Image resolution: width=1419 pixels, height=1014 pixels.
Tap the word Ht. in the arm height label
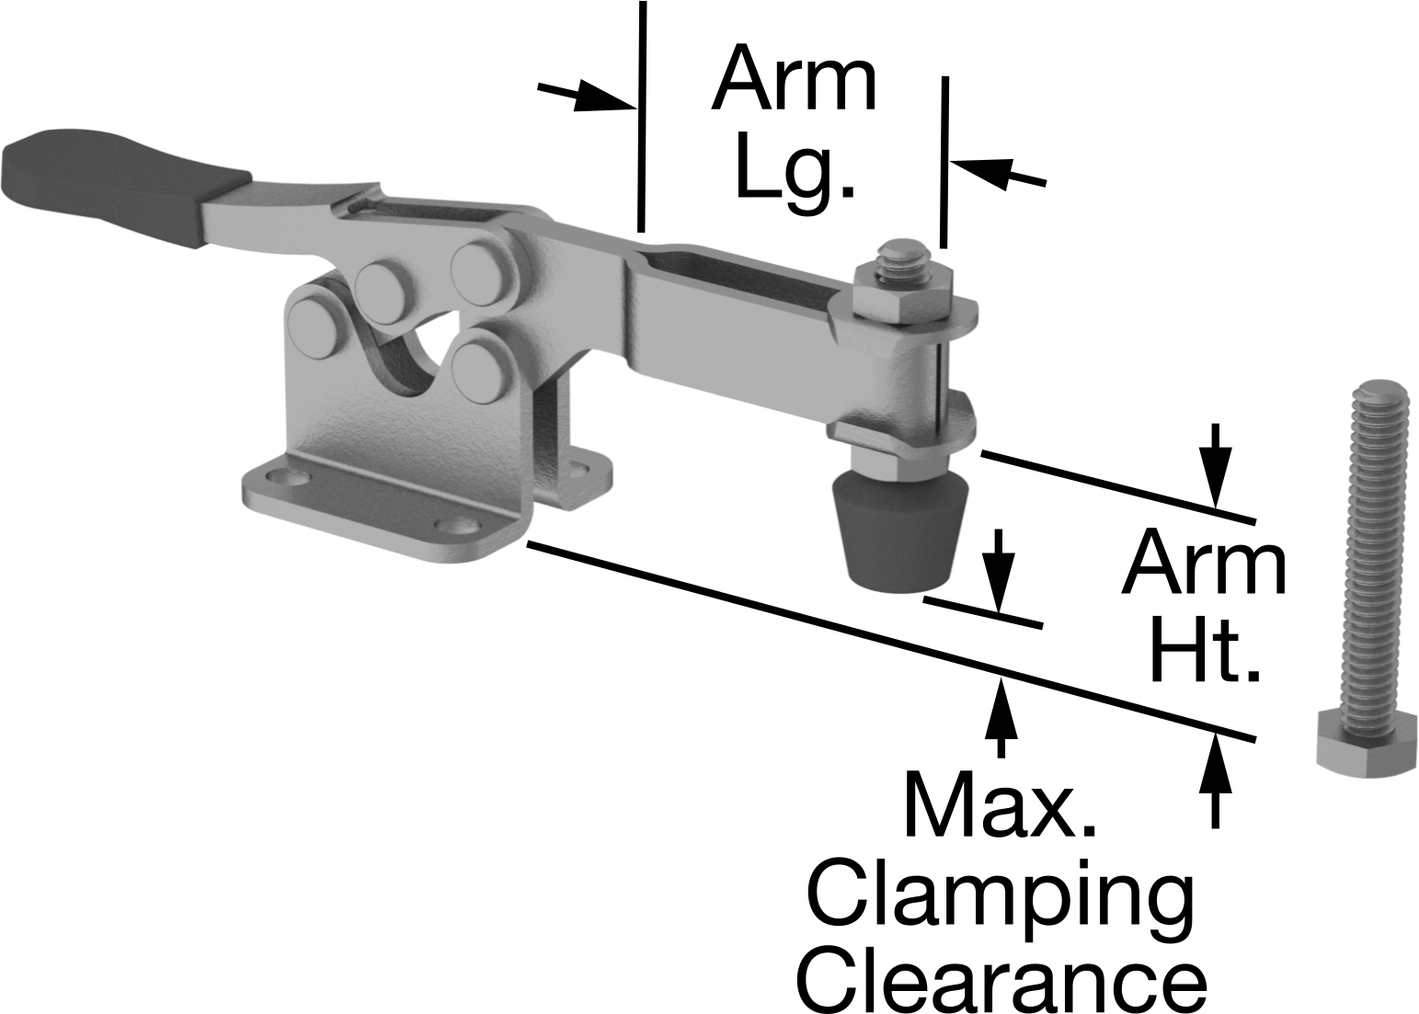pyautogui.click(x=1206, y=658)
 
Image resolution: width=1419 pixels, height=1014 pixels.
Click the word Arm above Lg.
pyautogui.click(x=795, y=79)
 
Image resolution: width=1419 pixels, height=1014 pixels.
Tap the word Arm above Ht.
pyautogui.click(x=1204, y=564)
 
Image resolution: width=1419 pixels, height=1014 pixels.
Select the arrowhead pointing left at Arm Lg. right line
pyautogui.click(x=978, y=170)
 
